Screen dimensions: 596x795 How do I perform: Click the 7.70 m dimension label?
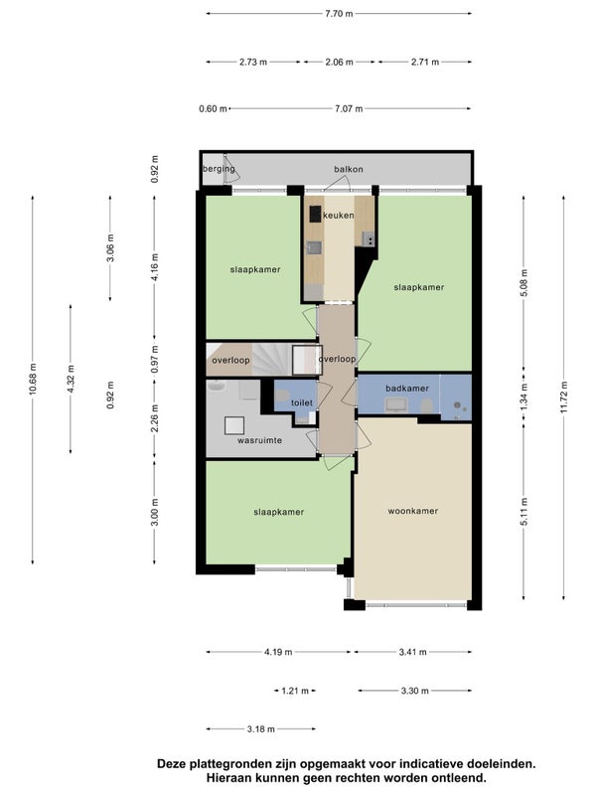[x=339, y=14]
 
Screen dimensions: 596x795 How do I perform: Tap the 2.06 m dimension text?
[x=339, y=62]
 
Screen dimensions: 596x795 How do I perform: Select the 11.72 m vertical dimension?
[x=564, y=398]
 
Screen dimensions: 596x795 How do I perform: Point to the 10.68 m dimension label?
[x=33, y=380]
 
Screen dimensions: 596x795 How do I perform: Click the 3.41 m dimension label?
[x=412, y=652]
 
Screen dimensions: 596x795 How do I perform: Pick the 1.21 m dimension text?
[x=295, y=691]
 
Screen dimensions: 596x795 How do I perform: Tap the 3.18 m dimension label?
[x=261, y=729]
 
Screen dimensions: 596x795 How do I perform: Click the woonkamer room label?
[x=413, y=511]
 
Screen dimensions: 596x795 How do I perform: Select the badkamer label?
[x=407, y=389]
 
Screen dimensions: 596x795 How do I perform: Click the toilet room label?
[x=302, y=403]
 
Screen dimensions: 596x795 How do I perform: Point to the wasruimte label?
[x=260, y=440]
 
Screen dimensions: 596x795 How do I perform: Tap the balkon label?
[x=349, y=169]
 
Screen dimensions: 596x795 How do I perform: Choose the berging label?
[x=219, y=169]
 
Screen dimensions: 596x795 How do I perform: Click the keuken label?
[x=339, y=216]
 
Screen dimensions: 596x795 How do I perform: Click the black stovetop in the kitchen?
[x=316, y=214]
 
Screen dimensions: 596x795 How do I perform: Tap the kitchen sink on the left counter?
[x=314, y=247]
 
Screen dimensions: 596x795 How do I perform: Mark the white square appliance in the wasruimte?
[x=234, y=425]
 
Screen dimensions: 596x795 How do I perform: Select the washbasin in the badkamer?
[x=395, y=404]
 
